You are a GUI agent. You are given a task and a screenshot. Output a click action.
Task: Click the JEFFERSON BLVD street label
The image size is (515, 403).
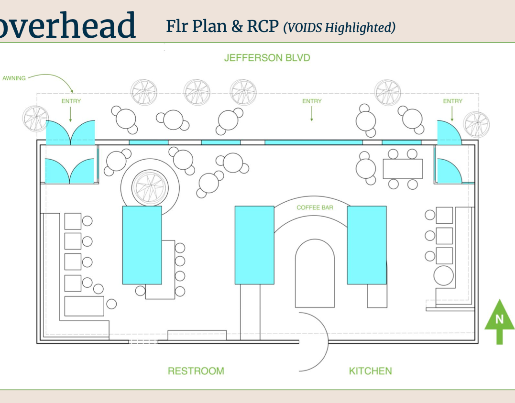coord(267,58)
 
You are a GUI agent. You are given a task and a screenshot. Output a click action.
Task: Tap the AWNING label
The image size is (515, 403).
coord(14,78)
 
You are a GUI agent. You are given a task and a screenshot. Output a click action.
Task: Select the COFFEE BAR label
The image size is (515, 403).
coord(315,207)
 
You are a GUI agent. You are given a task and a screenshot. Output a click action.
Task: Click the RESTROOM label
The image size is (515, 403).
coord(196,371)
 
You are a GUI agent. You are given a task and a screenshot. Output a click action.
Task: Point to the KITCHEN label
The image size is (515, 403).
coord(370,371)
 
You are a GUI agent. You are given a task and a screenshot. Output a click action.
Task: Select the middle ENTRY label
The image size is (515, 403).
coord(312,101)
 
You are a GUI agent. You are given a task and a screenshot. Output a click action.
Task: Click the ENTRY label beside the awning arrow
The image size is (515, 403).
coord(71,101)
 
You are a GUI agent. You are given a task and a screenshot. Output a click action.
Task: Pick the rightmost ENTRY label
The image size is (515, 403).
coord(452,101)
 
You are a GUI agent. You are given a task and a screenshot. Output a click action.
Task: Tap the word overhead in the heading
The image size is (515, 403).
coord(67,25)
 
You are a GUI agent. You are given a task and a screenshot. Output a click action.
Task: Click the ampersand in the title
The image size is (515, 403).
coord(237,27)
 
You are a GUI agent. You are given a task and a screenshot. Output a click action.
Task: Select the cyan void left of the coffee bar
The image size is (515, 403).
coord(254,245)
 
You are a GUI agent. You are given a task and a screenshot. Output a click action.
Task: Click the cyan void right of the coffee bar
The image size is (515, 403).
coord(367,245)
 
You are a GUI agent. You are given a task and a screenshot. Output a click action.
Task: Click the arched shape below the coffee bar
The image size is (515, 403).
coord(314,272)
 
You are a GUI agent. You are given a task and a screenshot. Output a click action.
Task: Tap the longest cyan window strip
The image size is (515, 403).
coord(313,142)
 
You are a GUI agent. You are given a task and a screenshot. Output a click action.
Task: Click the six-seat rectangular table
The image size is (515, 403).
coord(403,169)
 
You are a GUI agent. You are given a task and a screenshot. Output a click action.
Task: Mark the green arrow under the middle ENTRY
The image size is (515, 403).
coord(312,114)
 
